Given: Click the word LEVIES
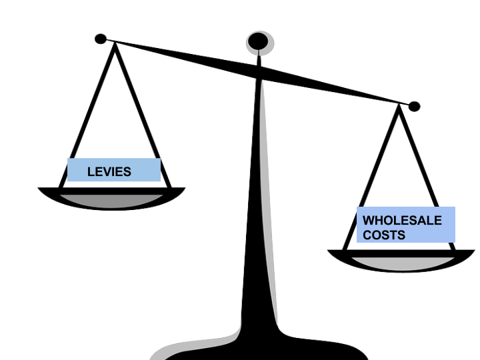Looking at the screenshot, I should (109, 172).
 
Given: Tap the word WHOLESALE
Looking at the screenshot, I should (402, 220).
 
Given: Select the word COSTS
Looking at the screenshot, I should (383, 235).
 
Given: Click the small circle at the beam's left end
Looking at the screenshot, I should (100, 38).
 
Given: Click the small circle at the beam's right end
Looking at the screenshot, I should (415, 106).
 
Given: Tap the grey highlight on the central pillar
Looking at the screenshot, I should (263, 200).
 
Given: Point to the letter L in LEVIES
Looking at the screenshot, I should (91, 172).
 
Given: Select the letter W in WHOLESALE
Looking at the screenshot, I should (369, 220).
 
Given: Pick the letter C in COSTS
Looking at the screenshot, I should (367, 235).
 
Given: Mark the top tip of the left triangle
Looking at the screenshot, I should (116, 50).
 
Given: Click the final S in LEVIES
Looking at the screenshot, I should (127, 172).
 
